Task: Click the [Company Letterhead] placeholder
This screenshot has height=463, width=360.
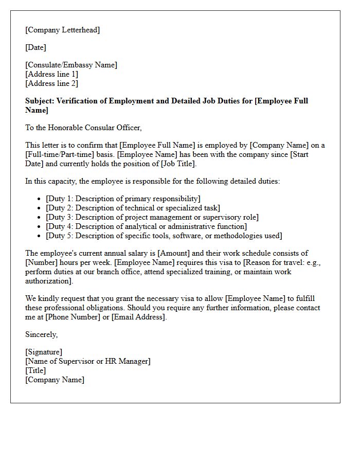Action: (63, 30)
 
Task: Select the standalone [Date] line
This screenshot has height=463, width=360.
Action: (36, 47)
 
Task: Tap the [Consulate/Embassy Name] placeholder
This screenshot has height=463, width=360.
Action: (71, 65)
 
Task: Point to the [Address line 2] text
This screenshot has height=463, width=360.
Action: (52, 83)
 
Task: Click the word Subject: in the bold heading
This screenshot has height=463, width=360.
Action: (40, 101)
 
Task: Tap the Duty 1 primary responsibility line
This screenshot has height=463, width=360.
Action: (123, 199)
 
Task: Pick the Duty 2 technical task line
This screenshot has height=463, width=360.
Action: (133, 208)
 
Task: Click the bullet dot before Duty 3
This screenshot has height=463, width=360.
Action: (40, 217)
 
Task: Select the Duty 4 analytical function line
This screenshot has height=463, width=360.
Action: (146, 226)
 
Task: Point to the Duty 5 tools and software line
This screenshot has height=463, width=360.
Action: (164, 236)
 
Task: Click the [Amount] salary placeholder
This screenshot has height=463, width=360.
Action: (175, 253)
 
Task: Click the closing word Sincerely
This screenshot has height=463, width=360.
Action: (41, 334)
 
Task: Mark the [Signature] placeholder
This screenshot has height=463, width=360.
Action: (44, 352)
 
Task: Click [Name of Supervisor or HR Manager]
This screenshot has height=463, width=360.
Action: (88, 361)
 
